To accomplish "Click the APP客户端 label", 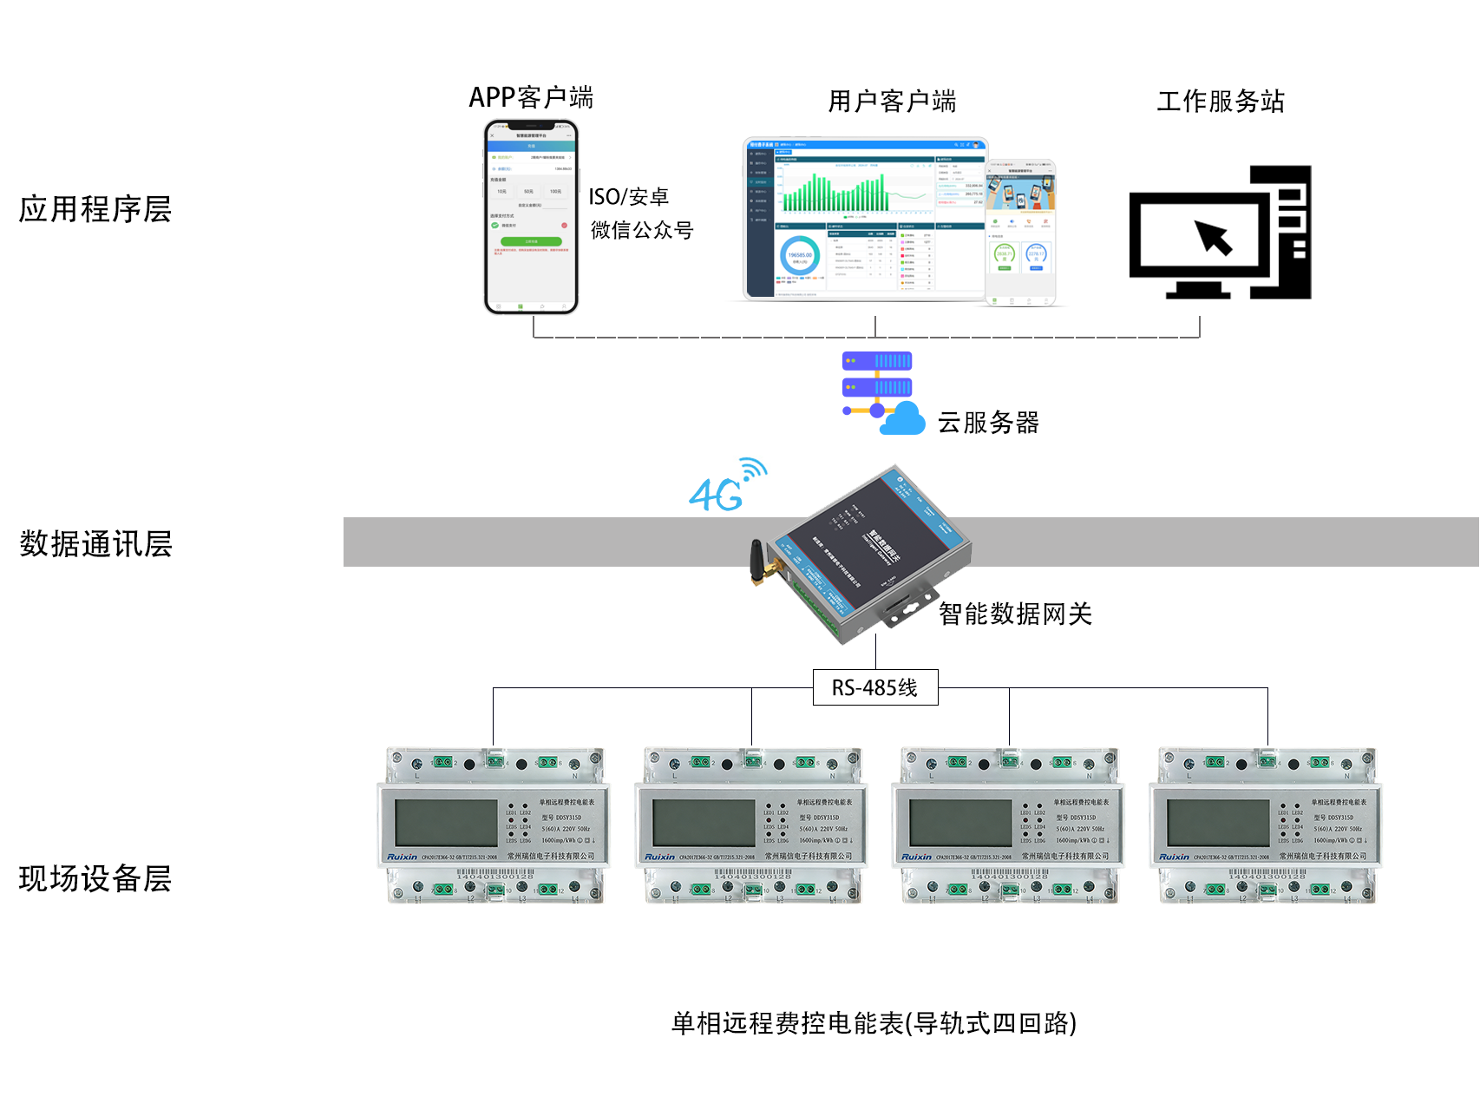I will (531, 97).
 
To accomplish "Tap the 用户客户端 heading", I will (891, 102).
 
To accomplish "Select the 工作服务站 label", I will (1220, 102).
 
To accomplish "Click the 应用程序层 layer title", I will (95, 209).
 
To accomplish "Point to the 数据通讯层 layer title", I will (95, 544).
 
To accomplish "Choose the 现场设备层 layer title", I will (95, 878).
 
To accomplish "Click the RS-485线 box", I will (874, 687).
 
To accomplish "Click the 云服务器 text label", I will (987, 423).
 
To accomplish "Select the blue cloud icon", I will (903, 419).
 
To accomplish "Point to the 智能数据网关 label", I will (1015, 614).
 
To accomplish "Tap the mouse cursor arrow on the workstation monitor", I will (1214, 237).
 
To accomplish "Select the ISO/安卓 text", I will (628, 197).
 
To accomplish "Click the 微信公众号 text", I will (642, 230).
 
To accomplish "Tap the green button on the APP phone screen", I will (531, 241).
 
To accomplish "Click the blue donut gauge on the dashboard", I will (799, 256).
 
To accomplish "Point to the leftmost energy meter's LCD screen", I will (445, 822).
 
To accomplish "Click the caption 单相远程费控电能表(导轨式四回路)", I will (874, 1023).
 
